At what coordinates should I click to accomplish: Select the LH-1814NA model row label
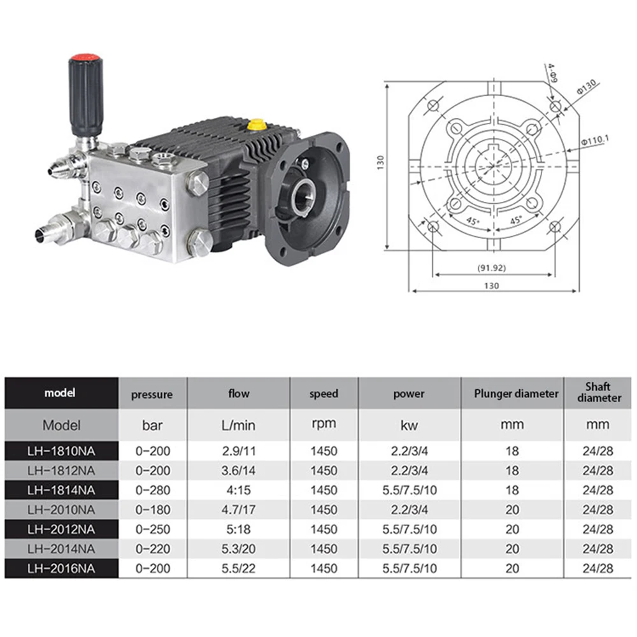click(x=61, y=490)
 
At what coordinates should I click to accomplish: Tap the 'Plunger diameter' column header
click(x=516, y=393)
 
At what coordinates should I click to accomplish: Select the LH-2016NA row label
click(x=61, y=568)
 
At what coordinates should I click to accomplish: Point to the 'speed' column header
click(x=324, y=394)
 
